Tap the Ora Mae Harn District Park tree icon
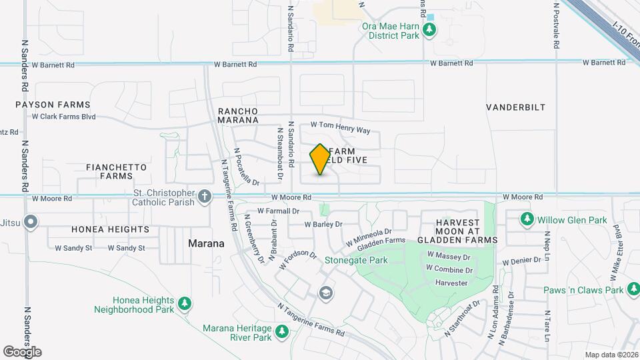(430, 29)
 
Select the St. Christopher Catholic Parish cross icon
(205, 197)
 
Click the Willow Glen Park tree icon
(527, 219)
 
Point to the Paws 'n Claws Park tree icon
(633, 289)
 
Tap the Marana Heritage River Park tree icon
(282, 331)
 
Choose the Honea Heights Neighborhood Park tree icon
(185, 304)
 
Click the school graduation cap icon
(325, 293)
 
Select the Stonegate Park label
(356, 260)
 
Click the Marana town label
(206, 243)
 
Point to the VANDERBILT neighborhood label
(515, 107)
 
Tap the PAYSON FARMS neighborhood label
(53, 105)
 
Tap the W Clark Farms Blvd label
(64, 117)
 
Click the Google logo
(22, 351)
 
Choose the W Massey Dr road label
(449, 256)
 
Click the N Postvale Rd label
(555, 27)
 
